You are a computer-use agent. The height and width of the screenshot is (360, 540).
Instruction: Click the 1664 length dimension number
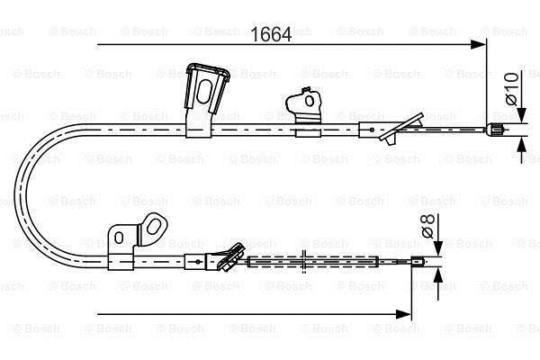pyautogui.click(x=271, y=34)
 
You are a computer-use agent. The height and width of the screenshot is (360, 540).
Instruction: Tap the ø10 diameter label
pyautogui.click(x=512, y=89)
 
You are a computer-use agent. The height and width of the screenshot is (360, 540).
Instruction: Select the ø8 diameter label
pyautogui.click(x=428, y=226)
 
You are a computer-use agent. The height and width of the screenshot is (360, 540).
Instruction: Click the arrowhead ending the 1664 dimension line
pyautogui.click(x=478, y=44)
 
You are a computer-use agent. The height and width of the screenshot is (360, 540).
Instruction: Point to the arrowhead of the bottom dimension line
pyautogui.click(x=403, y=314)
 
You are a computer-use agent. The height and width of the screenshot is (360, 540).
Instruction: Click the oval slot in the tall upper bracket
pyautogui.click(x=204, y=92)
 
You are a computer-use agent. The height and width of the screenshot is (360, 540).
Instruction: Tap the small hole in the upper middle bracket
pyautogui.click(x=310, y=101)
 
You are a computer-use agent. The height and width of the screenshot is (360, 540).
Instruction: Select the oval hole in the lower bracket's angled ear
pyautogui.click(x=153, y=227)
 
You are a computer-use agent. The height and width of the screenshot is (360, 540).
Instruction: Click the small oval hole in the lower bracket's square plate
pyautogui.click(x=119, y=238)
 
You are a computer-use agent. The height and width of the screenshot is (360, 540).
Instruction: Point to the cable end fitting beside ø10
pyautogui.click(x=494, y=130)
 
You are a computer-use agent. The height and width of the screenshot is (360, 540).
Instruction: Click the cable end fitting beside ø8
pyautogui.click(x=418, y=262)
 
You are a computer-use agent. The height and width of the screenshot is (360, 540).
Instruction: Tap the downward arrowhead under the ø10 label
pyautogui.click(x=522, y=114)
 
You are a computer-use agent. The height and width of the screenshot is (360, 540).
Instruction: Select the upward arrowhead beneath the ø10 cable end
pyautogui.click(x=522, y=144)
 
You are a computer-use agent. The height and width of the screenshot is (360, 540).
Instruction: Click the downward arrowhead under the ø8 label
pyautogui.click(x=437, y=248)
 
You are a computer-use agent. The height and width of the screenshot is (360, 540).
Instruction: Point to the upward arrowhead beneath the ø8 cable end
pyautogui.click(x=437, y=276)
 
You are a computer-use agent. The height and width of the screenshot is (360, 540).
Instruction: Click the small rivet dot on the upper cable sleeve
pyautogui.click(x=372, y=130)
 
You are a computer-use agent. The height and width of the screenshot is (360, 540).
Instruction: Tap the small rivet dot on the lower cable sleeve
pyautogui.click(x=198, y=262)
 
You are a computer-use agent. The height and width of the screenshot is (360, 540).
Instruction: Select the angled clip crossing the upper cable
pyautogui.click(x=401, y=129)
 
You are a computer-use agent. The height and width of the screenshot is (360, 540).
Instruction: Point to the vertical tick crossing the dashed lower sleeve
pyautogui.click(x=303, y=262)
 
